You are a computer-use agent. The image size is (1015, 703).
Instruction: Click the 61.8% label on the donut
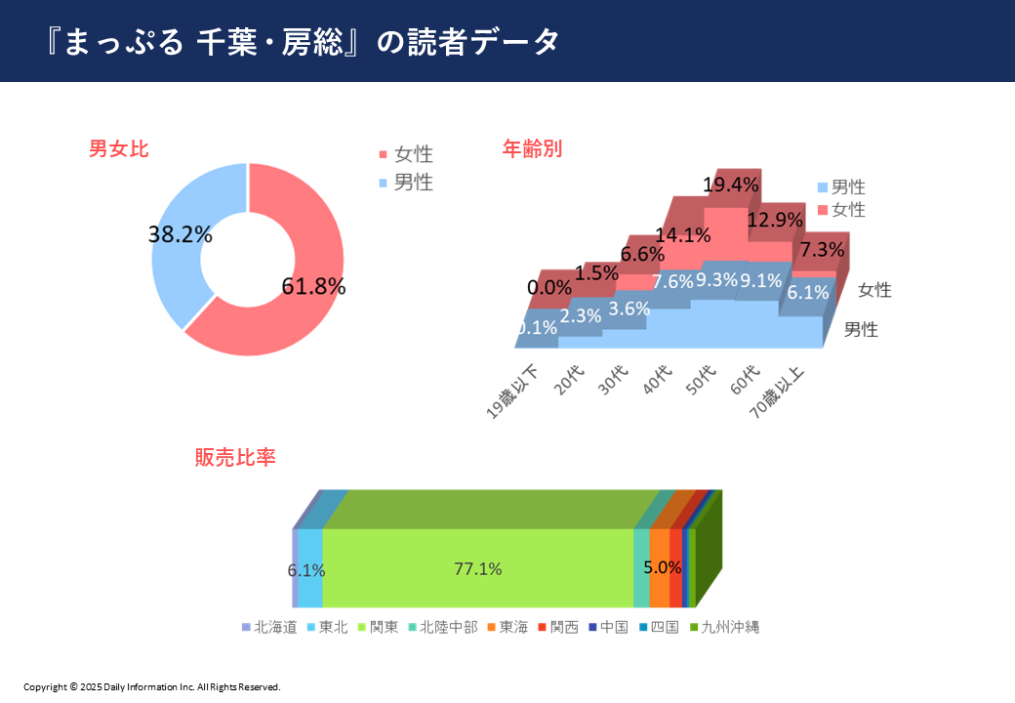tap(313, 286)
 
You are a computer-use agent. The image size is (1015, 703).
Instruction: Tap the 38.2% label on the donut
tap(180, 234)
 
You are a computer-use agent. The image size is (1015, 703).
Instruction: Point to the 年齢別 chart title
tap(532, 149)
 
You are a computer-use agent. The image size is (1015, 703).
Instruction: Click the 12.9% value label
tap(774, 220)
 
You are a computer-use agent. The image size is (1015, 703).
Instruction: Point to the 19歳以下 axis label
tap(513, 392)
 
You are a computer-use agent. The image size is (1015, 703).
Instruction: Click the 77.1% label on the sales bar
tap(477, 569)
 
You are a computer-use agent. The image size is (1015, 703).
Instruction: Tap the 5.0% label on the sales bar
tap(662, 566)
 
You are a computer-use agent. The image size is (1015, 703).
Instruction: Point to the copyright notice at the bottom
tap(151, 686)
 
